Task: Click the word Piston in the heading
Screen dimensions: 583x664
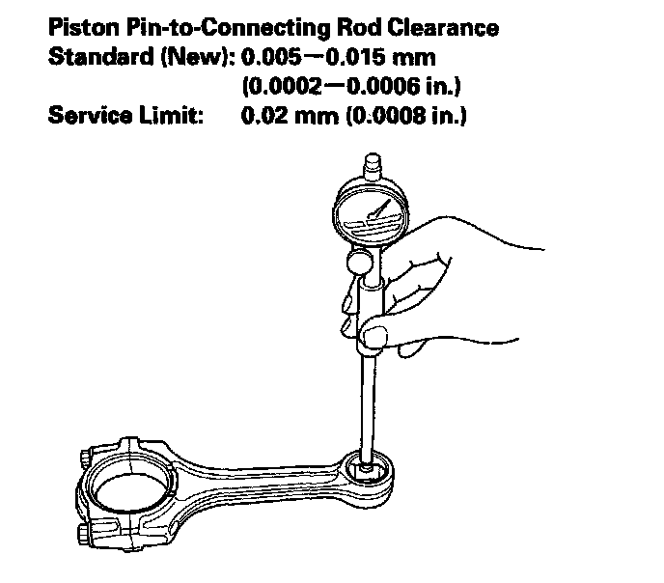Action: [x=79, y=27]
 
